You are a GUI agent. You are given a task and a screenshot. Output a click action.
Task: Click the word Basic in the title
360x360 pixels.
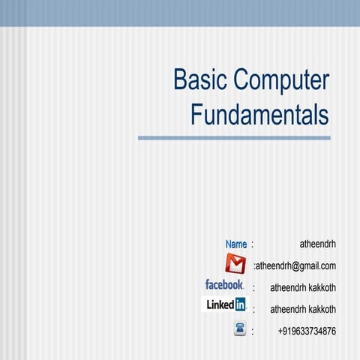coord(199,81)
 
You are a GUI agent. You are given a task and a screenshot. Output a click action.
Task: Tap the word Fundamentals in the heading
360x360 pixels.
coord(259,115)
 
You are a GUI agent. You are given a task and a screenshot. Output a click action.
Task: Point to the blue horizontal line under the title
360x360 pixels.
coord(234,138)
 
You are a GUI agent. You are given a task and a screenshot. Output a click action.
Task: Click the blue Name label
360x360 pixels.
coord(235,244)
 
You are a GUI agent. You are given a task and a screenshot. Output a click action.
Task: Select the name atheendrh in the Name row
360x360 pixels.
coord(317,244)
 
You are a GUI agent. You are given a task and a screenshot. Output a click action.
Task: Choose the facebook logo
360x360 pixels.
coord(224,285)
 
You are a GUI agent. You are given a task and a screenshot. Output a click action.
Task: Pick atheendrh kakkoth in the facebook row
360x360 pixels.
coord(303,287)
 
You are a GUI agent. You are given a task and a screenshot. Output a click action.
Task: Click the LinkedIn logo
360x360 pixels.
coord(226,304)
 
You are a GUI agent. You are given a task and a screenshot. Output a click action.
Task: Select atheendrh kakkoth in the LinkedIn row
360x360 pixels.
coord(303,309)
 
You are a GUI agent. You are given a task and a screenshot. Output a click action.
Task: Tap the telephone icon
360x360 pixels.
coord(240,328)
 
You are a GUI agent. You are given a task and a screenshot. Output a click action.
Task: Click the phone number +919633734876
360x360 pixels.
coord(307,331)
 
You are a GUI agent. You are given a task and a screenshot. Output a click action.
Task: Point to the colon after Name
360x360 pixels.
coord(253,244)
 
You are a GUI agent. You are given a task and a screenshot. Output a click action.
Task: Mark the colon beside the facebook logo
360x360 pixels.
coord(254,287)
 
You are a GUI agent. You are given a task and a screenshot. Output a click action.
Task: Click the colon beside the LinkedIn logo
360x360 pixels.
coord(254,309)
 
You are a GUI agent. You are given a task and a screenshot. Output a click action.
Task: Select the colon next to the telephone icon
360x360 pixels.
coord(254,331)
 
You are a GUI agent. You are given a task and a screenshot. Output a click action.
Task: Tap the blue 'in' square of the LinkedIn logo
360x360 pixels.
coord(239,304)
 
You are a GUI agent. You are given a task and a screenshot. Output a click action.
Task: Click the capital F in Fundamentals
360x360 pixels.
coord(197,115)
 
